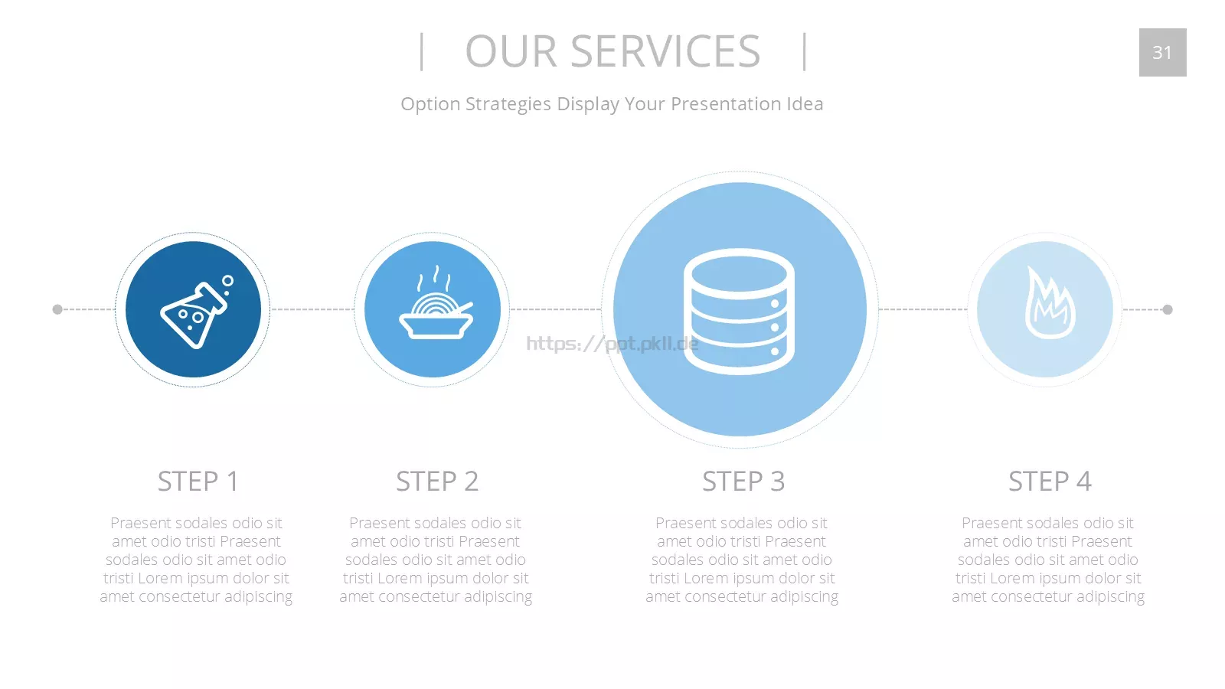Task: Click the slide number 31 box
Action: pyautogui.click(x=1163, y=53)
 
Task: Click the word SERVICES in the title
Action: pyautogui.click(x=665, y=51)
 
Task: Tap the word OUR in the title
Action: pyautogui.click(x=511, y=51)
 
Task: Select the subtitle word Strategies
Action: pyautogui.click(x=508, y=104)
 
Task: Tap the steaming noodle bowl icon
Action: pyautogui.click(x=436, y=303)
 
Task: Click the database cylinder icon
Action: pyautogui.click(x=739, y=312)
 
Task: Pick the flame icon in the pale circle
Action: pyautogui.click(x=1050, y=303)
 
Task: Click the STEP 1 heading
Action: pyautogui.click(x=198, y=482)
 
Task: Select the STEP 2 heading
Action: pyautogui.click(x=437, y=482)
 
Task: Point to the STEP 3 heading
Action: pyautogui.click(x=743, y=482)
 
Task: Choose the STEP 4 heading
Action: pyautogui.click(x=1050, y=482)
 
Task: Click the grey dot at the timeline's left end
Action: pyautogui.click(x=57, y=309)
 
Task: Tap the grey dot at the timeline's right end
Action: pyautogui.click(x=1167, y=309)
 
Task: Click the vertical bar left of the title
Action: pyautogui.click(x=421, y=52)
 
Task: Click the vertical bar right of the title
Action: pyautogui.click(x=805, y=52)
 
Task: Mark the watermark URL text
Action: pyautogui.click(x=612, y=344)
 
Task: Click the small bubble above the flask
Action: pyautogui.click(x=227, y=281)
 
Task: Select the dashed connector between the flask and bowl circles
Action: pyautogui.click(x=312, y=309)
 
